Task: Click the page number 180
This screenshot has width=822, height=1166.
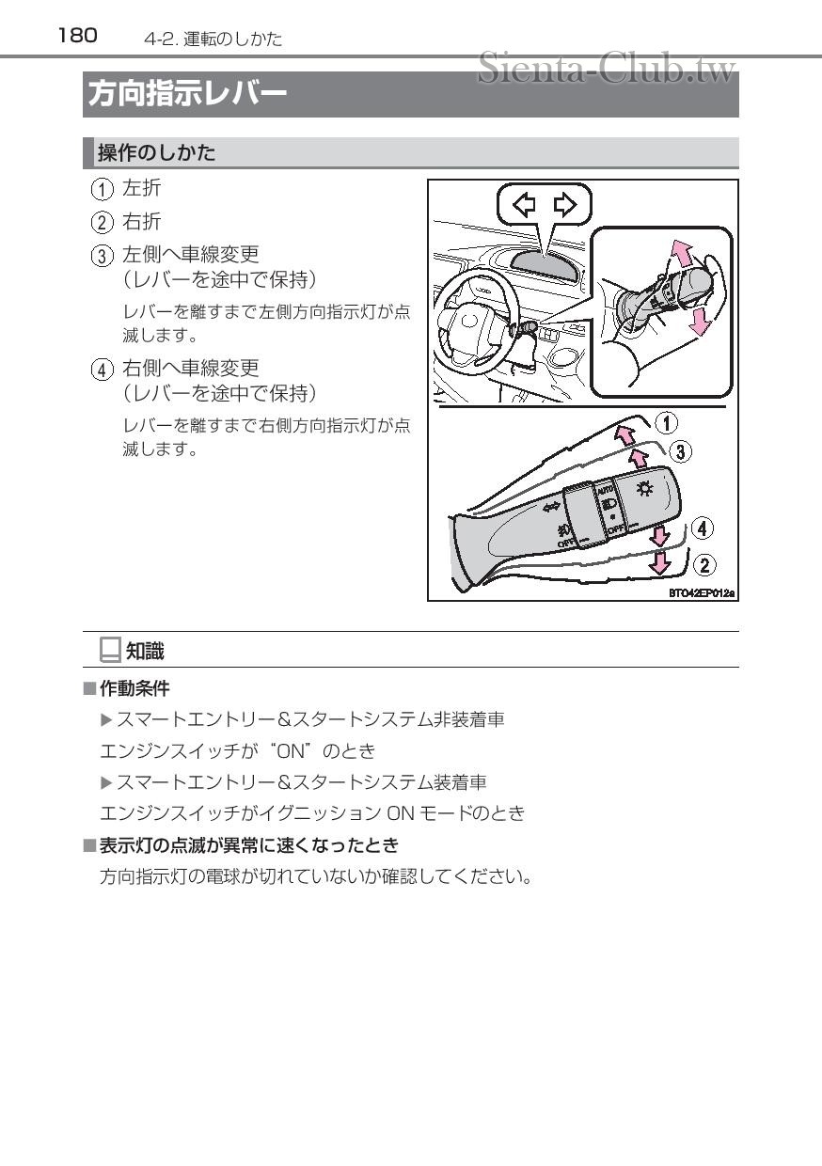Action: point(77,35)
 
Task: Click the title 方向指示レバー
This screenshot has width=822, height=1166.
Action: point(187,94)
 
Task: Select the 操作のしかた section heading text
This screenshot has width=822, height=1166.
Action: point(156,152)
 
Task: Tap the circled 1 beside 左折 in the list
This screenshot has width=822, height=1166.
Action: point(101,189)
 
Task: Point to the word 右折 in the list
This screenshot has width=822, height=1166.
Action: point(142,222)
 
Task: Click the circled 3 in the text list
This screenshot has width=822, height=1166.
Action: point(101,256)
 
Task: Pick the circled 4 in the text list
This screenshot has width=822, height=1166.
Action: point(101,369)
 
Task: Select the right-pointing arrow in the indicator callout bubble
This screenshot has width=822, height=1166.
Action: point(566,204)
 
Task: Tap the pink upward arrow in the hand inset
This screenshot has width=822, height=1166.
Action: point(681,253)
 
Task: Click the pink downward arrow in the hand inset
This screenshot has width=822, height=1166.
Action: point(697,321)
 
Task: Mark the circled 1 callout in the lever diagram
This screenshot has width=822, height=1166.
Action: point(666,423)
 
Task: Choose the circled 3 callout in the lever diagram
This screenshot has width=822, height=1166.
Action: point(680,451)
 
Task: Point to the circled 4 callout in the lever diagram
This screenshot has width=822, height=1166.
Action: point(702,528)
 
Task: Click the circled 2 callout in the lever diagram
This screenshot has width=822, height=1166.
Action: point(703,565)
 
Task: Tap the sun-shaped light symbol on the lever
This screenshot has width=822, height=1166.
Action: point(644,487)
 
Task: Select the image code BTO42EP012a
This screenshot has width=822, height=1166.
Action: point(701,593)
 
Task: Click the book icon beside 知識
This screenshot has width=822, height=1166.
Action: point(110,649)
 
